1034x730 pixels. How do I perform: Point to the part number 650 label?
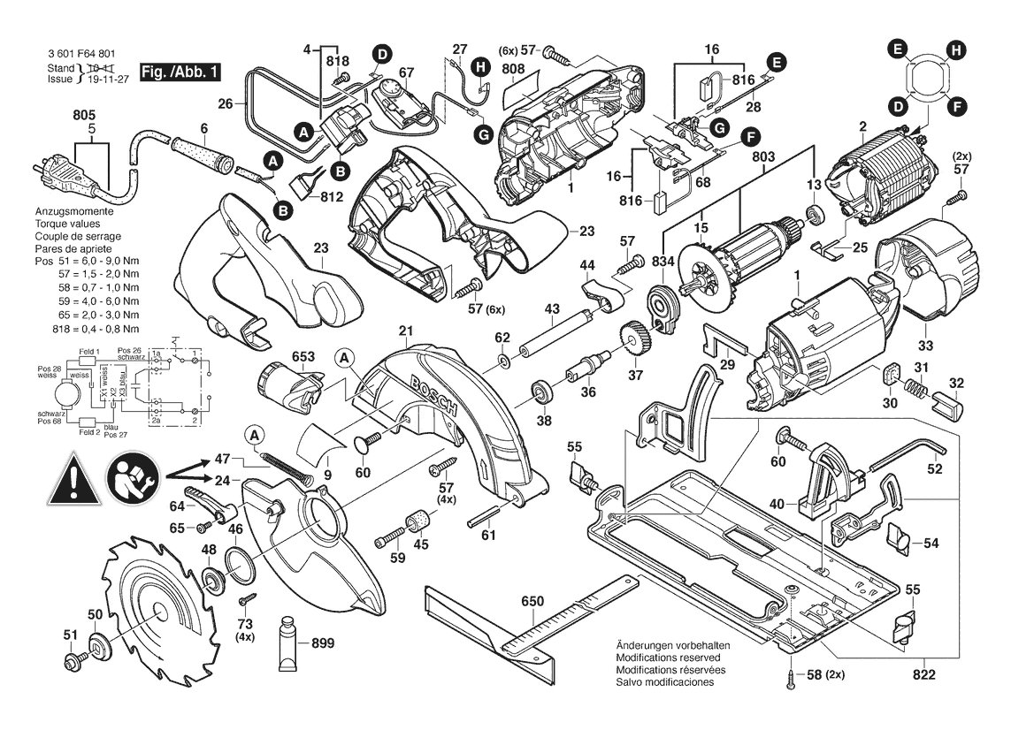pos(532,602)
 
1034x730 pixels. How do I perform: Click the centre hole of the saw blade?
pos(157,610)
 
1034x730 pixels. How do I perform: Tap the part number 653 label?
pos(303,357)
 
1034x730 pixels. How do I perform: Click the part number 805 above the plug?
pos(84,115)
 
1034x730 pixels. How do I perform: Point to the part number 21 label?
pos(406,331)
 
